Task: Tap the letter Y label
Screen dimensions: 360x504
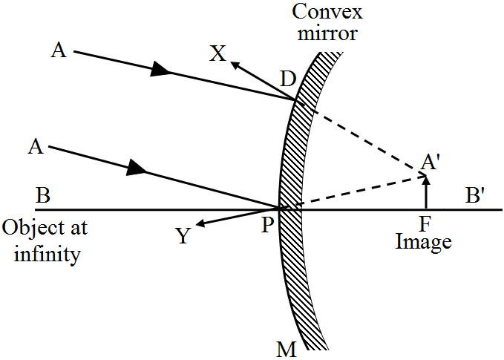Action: click(182, 236)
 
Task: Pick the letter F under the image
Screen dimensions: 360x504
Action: click(424, 223)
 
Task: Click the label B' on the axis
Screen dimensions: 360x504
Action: click(476, 197)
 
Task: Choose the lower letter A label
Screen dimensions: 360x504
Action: click(34, 147)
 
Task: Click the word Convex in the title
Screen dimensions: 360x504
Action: click(321, 13)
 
